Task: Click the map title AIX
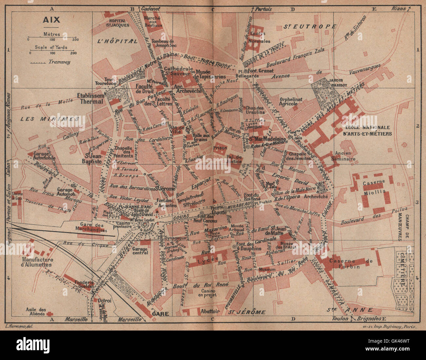(51, 20)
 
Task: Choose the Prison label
(220, 148)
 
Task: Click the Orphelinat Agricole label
(288, 101)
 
